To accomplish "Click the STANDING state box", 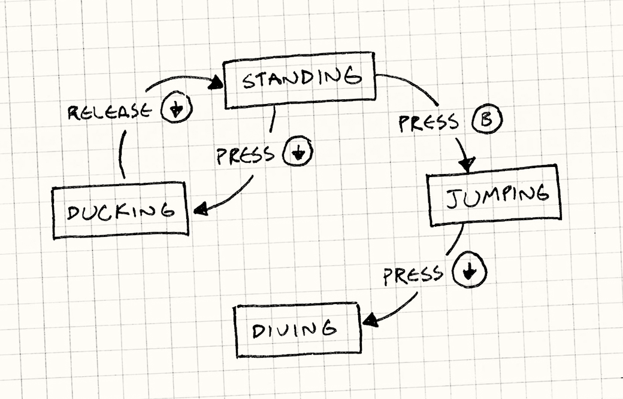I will coord(300,80).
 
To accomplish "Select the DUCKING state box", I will coord(120,211).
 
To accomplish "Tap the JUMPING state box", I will coord(495,195).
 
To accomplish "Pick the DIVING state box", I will coord(298,330).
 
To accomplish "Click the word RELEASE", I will coord(108,111).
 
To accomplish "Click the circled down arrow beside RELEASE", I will coord(176,109).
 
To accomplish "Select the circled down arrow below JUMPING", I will coord(470,272).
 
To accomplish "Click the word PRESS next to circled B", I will coord(428,123).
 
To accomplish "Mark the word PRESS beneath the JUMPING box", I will coord(413,275).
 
